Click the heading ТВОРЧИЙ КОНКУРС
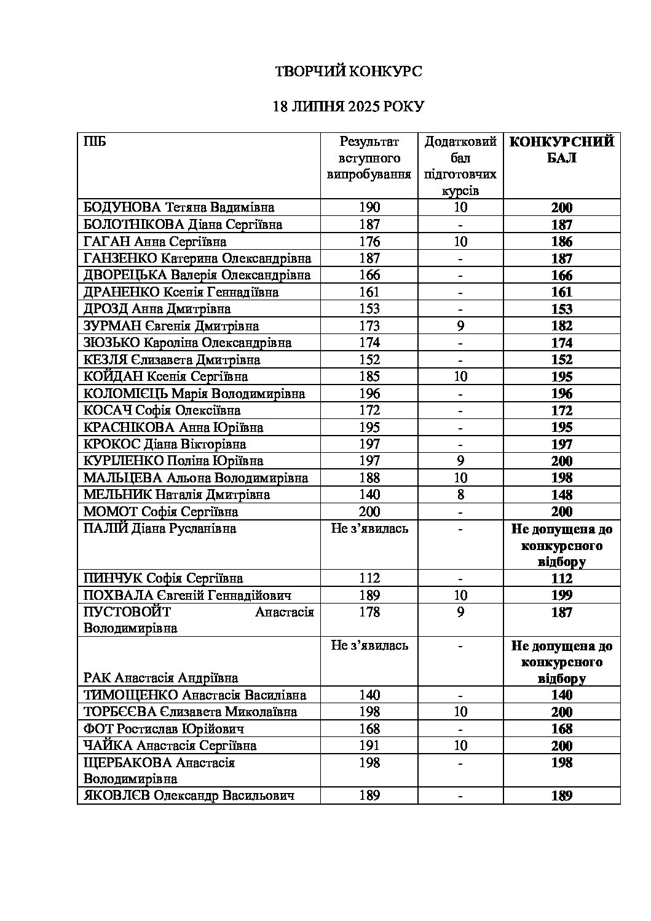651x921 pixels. [348, 72]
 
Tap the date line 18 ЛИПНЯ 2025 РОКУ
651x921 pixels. [348, 106]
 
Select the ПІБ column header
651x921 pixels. [95, 142]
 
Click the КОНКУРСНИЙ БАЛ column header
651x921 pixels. [561, 150]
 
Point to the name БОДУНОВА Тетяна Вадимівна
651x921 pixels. [179, 207]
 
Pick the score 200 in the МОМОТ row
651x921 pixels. [369, 511]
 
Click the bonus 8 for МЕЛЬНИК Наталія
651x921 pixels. [460, 495]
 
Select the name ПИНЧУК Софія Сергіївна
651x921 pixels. [163, 578]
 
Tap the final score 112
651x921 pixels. [561, 578]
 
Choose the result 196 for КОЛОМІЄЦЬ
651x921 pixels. [369, 393]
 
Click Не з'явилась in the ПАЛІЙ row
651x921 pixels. [369, 528]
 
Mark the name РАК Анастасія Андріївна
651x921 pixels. [161, 678]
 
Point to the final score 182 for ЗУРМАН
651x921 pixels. [561, 326]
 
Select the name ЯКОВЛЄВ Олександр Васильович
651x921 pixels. [189, 795]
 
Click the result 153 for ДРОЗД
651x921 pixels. [369, 309]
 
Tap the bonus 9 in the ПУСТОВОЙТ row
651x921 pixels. [460, 612]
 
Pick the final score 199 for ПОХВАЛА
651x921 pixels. [561, 595]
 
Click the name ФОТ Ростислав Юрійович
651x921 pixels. [164, 729]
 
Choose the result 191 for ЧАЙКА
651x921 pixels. [369, 746]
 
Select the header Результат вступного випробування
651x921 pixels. [369, 158]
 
